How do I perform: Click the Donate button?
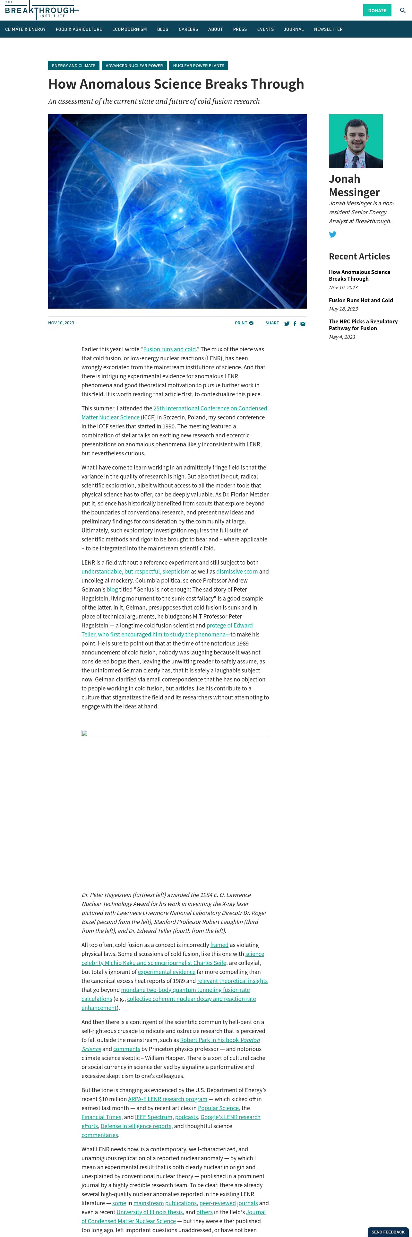click(x=377, y=11)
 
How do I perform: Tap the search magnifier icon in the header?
click(x=402, y=11)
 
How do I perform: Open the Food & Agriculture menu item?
click(x=79, y=29)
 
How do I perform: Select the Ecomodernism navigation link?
click(x=130, y=29)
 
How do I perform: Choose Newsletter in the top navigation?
click(x=328, y=29)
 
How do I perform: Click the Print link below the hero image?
click(x=244, y=323)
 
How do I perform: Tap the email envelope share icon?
click(x=303, y=324)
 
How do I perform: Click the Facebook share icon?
click(x=295, y=324)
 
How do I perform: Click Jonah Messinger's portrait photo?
click(x=356, y=141)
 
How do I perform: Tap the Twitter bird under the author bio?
click(x=333, y=234)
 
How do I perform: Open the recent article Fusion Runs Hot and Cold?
click(x=361, y=301)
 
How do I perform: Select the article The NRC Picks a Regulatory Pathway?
click(x=363, y=325)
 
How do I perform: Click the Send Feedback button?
click(x=388, y=1232)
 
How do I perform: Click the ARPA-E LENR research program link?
click(x=167, y=1099)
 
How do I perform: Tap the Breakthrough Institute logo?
click(x=40, y=10)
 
